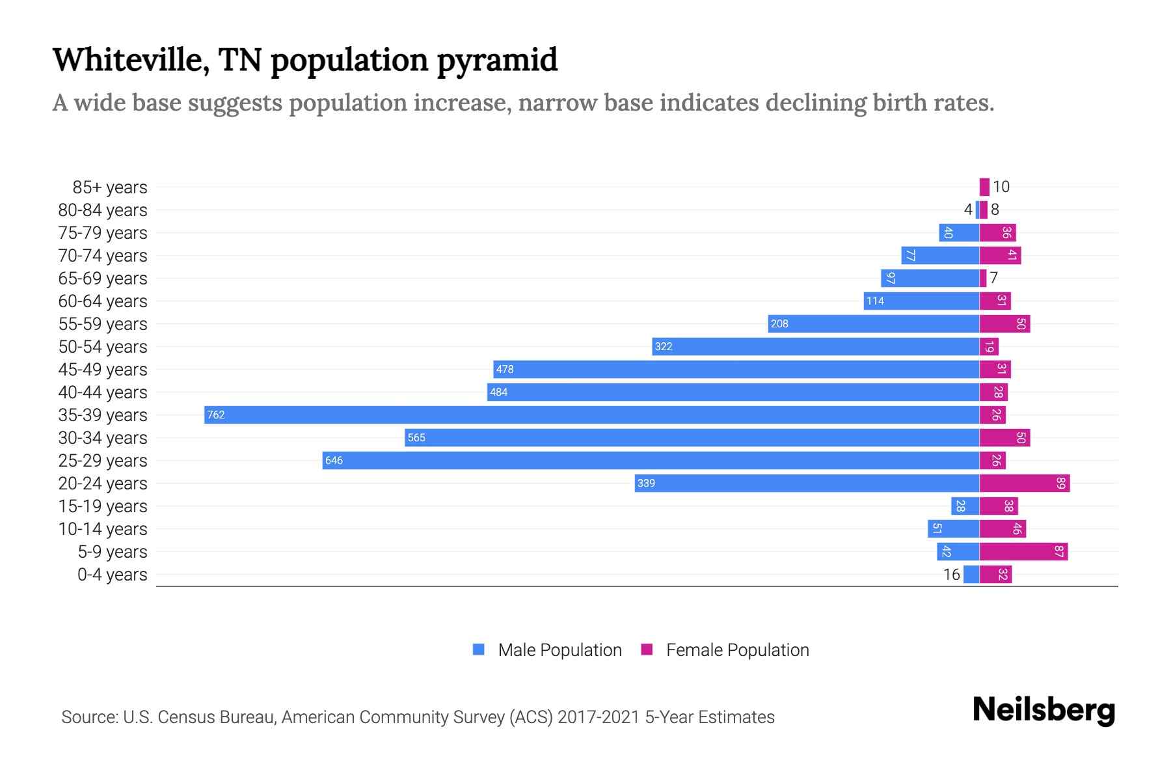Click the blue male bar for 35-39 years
592,415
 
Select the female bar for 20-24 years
1025,483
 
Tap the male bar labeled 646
651,460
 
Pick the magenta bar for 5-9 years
1023,551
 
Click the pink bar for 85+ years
984,187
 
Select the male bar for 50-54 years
816,346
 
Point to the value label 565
416,438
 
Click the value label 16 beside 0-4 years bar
951,575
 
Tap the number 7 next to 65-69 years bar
993,279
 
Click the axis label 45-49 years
103,370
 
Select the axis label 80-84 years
103,210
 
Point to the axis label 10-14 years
103,529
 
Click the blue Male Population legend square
479,650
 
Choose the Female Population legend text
737,650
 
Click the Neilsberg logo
1043,710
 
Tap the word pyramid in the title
497,60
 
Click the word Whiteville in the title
131,60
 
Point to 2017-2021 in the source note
599,717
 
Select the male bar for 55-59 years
874,323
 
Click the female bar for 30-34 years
1004,437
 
